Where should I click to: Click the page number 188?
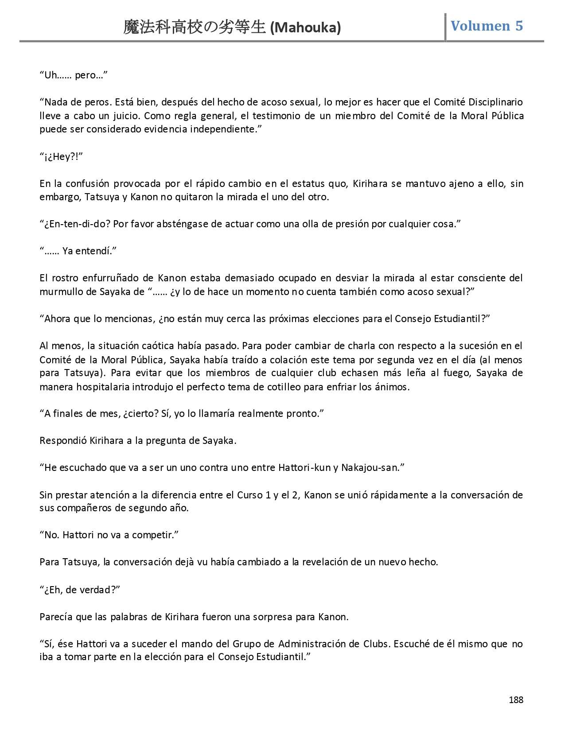point(516,700)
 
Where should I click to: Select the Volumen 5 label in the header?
point(487,26)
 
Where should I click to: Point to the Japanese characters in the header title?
point(195,27)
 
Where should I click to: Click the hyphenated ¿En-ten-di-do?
point(75,224)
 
